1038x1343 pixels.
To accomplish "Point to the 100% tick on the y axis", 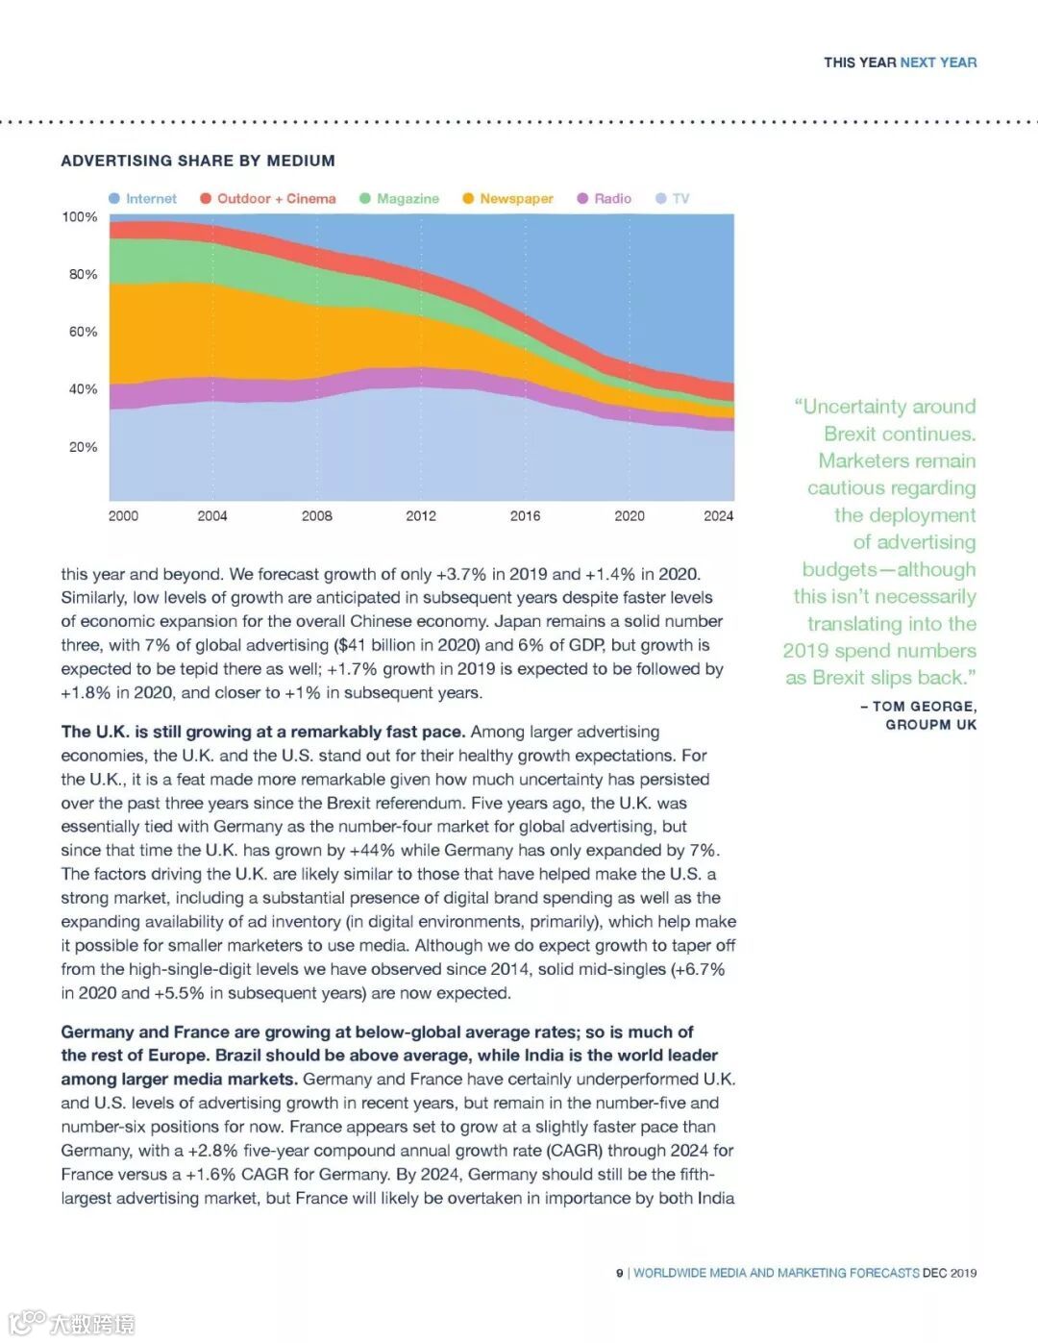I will coord(80,217).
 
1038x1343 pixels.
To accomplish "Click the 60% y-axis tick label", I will coord(83,332).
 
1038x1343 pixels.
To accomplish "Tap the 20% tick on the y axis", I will coord(83,447).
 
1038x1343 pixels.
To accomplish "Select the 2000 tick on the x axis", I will coord(123,516).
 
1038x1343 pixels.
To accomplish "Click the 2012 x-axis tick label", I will coord(421,516).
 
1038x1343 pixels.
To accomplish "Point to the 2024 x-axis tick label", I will coord(718,516).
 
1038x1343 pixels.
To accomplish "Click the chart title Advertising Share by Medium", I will coord(198,161).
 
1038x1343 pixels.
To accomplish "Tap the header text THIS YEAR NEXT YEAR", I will coord(900,62).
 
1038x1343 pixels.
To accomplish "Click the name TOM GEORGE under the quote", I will coord(924,707).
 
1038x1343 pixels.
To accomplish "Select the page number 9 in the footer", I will coord(620,1273).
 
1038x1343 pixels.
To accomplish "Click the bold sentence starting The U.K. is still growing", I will coord(263,732).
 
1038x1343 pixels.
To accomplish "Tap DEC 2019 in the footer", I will coord(950,1273).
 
